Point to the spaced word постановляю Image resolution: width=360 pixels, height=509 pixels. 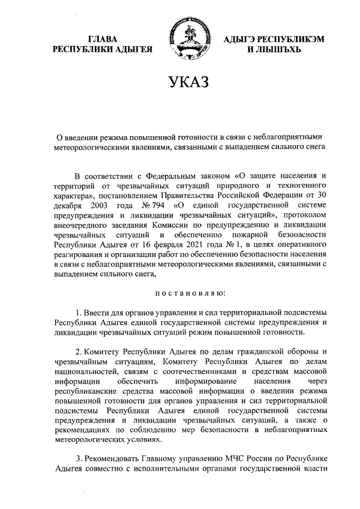190,293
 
